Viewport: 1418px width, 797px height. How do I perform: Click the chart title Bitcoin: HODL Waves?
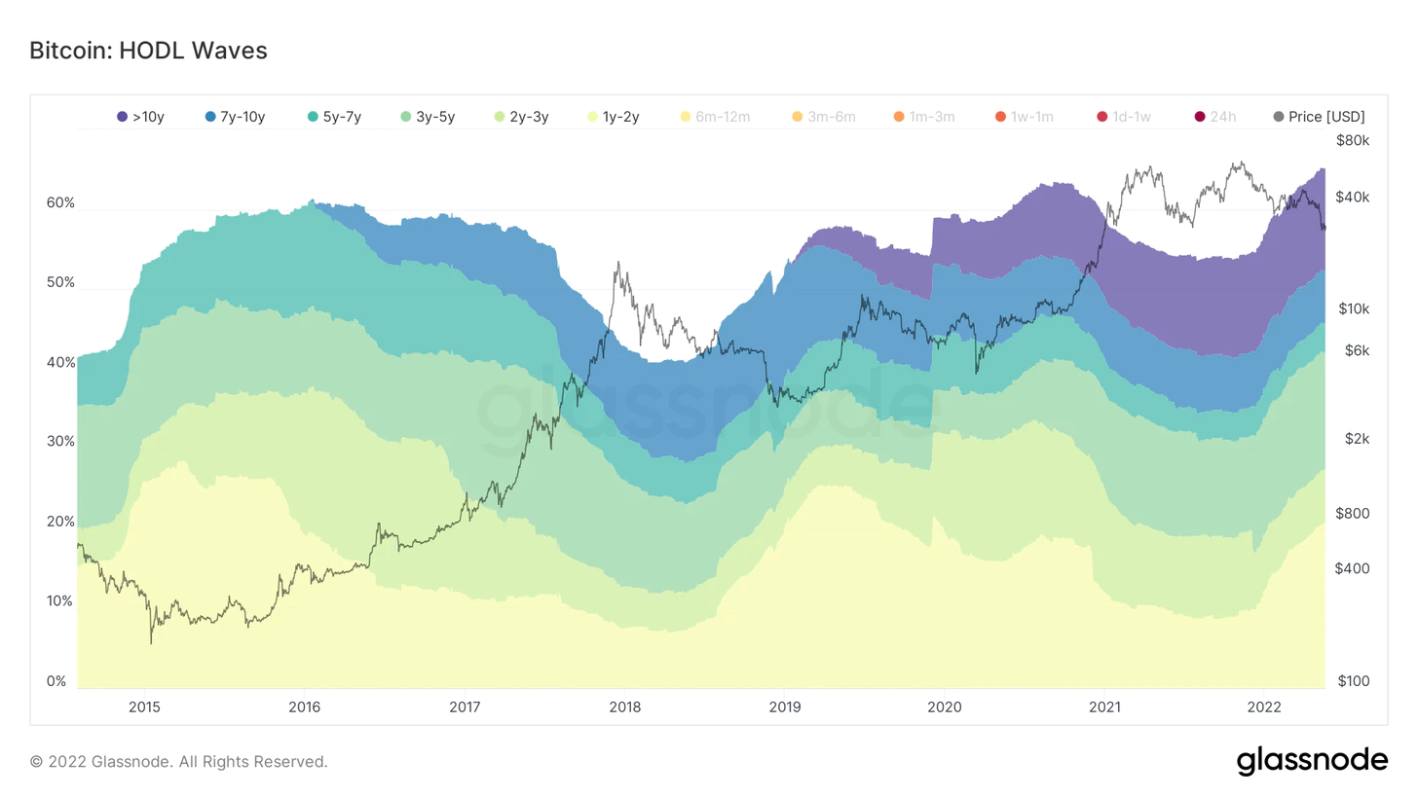click(x=148, y=51)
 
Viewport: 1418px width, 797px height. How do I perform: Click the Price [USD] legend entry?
click(x=1319, y=117)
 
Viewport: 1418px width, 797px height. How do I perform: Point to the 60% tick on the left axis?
click(x=60, y=203)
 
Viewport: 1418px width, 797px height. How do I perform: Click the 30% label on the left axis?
click(x=60, y=442)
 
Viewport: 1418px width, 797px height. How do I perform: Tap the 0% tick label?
click(x=56, y=681)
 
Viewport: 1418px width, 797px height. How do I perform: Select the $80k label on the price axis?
click(x=1353, y=140)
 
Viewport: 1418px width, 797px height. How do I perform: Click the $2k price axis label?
click(x=1357, y=439)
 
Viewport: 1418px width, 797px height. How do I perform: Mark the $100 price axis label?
click(x=1353, y=681)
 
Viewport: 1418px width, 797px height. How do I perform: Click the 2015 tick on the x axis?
click(x=144, y=706)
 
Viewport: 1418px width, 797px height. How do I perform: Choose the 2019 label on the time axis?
click(x=784, y=706)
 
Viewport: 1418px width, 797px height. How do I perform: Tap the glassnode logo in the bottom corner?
click(x=1312, y=761)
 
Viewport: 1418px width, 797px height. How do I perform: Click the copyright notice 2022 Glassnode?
click(x=178, y=762)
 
